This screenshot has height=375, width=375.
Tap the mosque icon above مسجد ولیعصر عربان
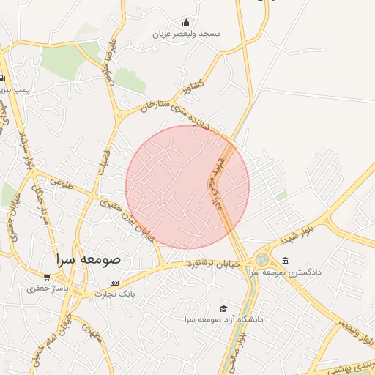tap(187, 22)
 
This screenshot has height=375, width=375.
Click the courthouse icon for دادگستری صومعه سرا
tap(285, 261)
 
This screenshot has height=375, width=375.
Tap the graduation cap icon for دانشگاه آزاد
tap(223, 309)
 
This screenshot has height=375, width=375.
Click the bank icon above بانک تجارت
tap(114, 283)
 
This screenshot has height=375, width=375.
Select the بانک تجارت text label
tap(115, 293)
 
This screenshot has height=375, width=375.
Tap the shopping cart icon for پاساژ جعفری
tap(48, 278)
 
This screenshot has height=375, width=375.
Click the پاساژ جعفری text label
tap(47, 289)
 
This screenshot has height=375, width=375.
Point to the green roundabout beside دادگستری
tap(262, 259)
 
